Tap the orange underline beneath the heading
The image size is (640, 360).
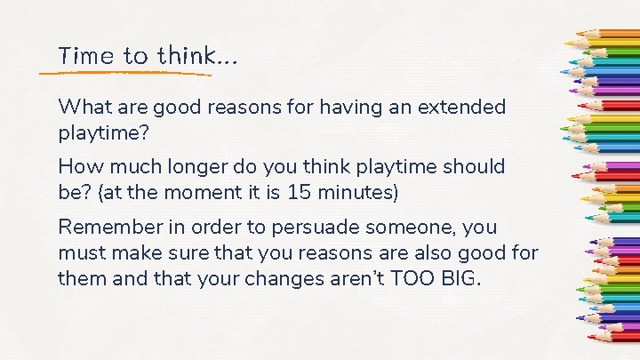point(133,71)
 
